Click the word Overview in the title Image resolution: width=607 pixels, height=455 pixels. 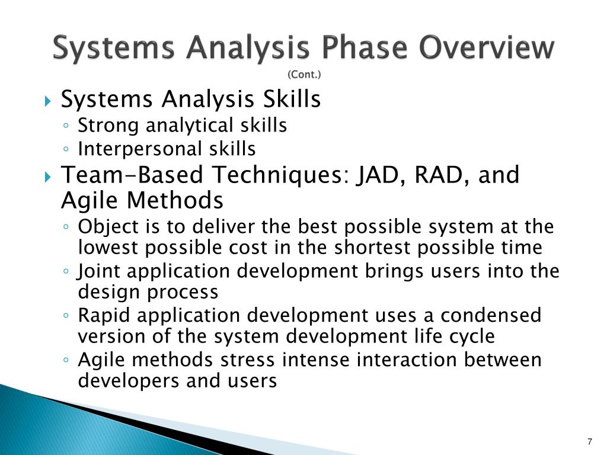pyautogui.click(x=487, y=47)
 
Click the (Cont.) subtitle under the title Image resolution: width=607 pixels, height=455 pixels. pyautogui.click(x=304, y=74)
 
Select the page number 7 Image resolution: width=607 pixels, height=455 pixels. pyautogui.click(x=590, y=441)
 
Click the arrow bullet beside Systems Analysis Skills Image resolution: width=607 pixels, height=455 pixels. pyautogui.click(x=47, y=101)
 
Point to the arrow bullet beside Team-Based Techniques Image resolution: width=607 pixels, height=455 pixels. pyautogui.click(x=47, y=177)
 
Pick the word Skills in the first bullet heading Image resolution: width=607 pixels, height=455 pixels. pyautogui.click(x=292, y=99)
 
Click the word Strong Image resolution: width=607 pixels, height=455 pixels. pyautogui.click(x=108, y=126)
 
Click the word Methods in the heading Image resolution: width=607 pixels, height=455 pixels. pyautogui.click(x=175, y=200)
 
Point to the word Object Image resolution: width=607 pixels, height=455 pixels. pyautogui.click(x=108, y=227)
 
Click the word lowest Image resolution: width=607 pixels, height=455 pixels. pyautogui.click(x=108, y=248)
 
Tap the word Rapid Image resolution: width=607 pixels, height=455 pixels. pyautogui.click(x=104, y=315)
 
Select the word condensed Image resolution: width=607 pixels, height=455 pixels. pyautogui.click(x=491, y=315)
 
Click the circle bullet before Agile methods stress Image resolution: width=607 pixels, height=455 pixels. pyautogui.click(x=66, y=360)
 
